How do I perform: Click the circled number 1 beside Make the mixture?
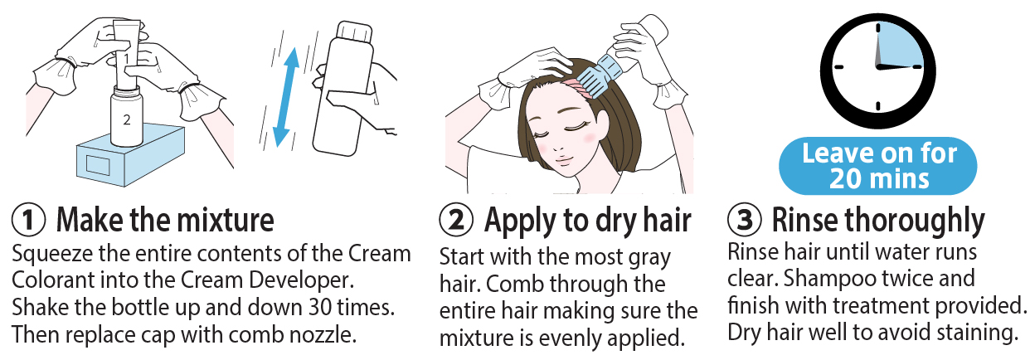pyautogui.click(x=28, y=220)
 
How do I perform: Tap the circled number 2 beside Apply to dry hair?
pyautogui.click(x=456, y=220)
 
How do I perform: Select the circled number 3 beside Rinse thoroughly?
pyautogui.click(x=745, y=219)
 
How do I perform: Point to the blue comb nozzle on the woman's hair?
pyautogui.click(x=605, y=77)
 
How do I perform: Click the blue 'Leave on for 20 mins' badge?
pyautogui.click(x=877, y=166)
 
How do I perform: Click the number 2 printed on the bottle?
pyautogui.click(x=127, y=120)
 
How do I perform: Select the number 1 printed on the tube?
pyautogui.click(x=126, y=58)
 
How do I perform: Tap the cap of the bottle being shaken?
pyautogui.click(x=353, y=32)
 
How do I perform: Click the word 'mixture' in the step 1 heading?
pyautogui.click(x=226, y=220)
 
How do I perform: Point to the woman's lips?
pyautogui.click(x=565, y=160)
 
